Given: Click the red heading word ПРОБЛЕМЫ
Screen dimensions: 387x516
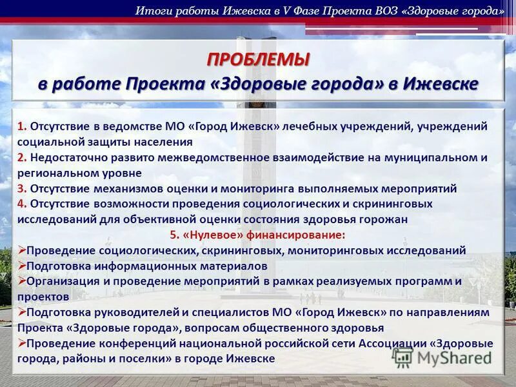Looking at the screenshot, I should (258, 60).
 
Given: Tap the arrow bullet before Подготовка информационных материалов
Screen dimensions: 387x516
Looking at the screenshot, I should (22, 265).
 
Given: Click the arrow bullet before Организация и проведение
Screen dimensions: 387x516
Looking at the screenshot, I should (22, 281).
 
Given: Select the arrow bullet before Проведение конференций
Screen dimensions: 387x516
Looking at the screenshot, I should (22, 342).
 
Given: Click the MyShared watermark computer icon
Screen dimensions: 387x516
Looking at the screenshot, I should (402, 357).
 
